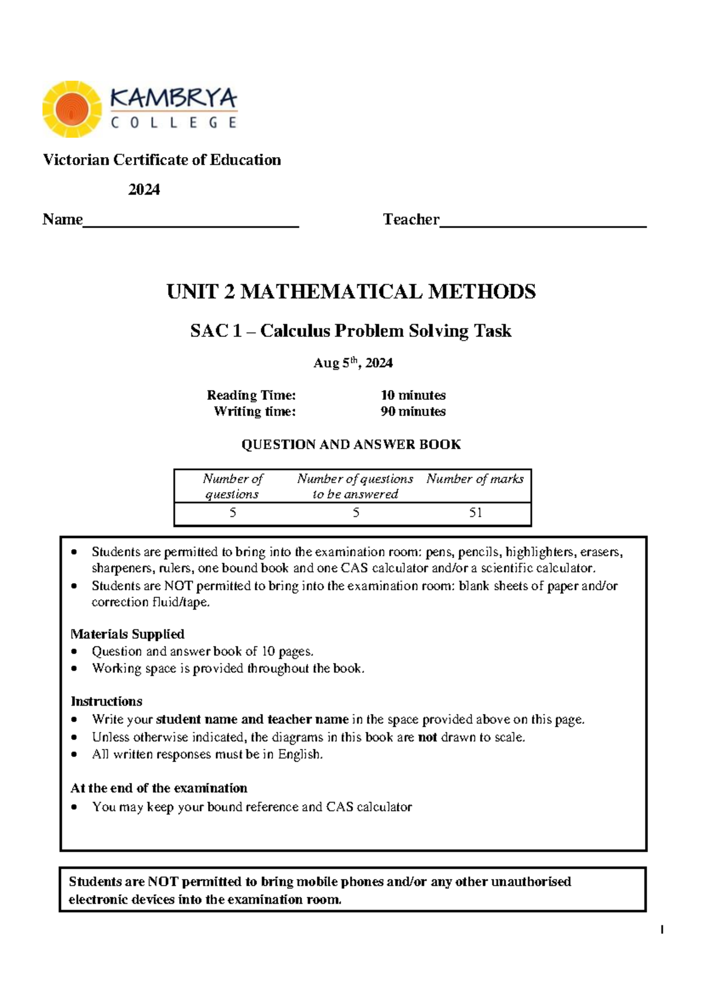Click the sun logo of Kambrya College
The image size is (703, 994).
[72, 109]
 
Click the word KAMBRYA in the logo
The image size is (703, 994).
[174, 98]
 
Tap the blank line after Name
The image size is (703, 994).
[191, 223]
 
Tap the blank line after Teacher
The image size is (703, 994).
[543, 223]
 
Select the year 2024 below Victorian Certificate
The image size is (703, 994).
[144, 189]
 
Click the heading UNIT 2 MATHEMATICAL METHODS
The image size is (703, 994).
[351, 291]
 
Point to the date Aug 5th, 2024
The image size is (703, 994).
[353, 363]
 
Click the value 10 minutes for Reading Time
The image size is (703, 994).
[413, 395]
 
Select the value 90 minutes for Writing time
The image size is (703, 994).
[413, 411]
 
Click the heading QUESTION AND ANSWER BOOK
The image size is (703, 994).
[351, 444]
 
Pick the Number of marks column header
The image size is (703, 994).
[475, 479]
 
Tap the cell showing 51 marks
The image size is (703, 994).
[475, 513]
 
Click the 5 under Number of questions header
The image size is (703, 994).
[233, 513]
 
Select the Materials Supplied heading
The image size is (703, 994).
[127, 634]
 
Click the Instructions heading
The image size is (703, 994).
[106, 701]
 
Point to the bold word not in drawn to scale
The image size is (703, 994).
[427, 737]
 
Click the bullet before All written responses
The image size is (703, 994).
[74, 755]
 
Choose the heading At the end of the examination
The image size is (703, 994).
[159, 788]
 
